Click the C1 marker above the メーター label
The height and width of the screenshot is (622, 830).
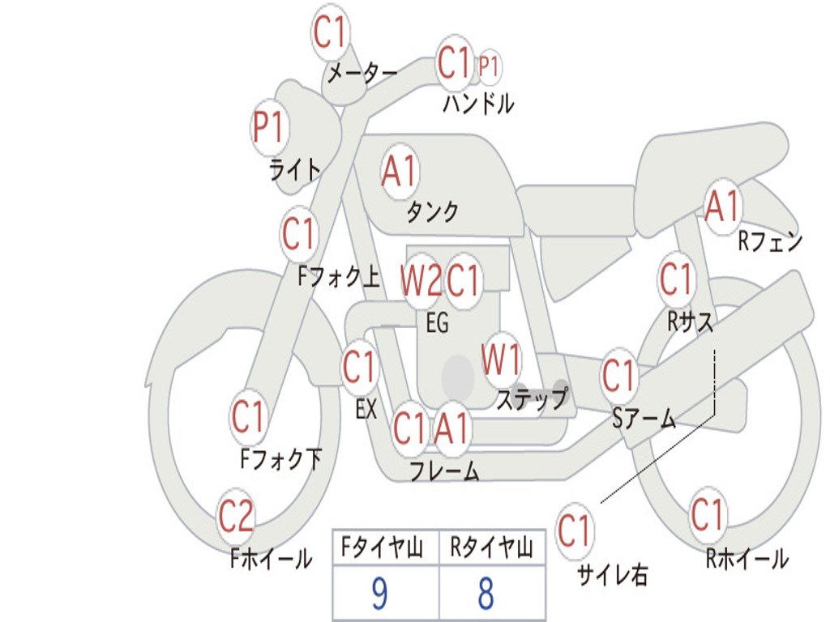(330, 32)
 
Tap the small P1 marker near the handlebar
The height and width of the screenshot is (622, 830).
(489, 66)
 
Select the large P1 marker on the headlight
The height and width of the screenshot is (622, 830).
(269, 128)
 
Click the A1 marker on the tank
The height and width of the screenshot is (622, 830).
(400, 172)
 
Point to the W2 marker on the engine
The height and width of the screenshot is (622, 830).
(421, 280)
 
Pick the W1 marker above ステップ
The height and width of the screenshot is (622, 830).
(500, 360)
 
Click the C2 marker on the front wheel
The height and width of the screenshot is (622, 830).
(236, 516)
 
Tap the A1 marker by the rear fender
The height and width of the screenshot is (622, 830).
(722, 207)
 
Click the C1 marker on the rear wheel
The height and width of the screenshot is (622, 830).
(707, 514)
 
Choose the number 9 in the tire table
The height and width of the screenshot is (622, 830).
(379, 594)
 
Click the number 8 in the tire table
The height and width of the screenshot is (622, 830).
(486, 594)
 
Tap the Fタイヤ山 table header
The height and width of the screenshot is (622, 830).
(383, 547)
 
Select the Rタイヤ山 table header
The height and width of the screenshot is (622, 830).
(492, 547)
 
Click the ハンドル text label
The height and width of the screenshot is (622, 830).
(478, 103)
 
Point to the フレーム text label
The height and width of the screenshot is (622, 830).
(445, 471)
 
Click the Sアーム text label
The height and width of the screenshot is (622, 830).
(644, 419)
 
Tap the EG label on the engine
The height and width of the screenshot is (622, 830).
(437, 322)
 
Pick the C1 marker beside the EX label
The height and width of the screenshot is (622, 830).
(359, 367)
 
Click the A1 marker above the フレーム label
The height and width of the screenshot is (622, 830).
(451, 428)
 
